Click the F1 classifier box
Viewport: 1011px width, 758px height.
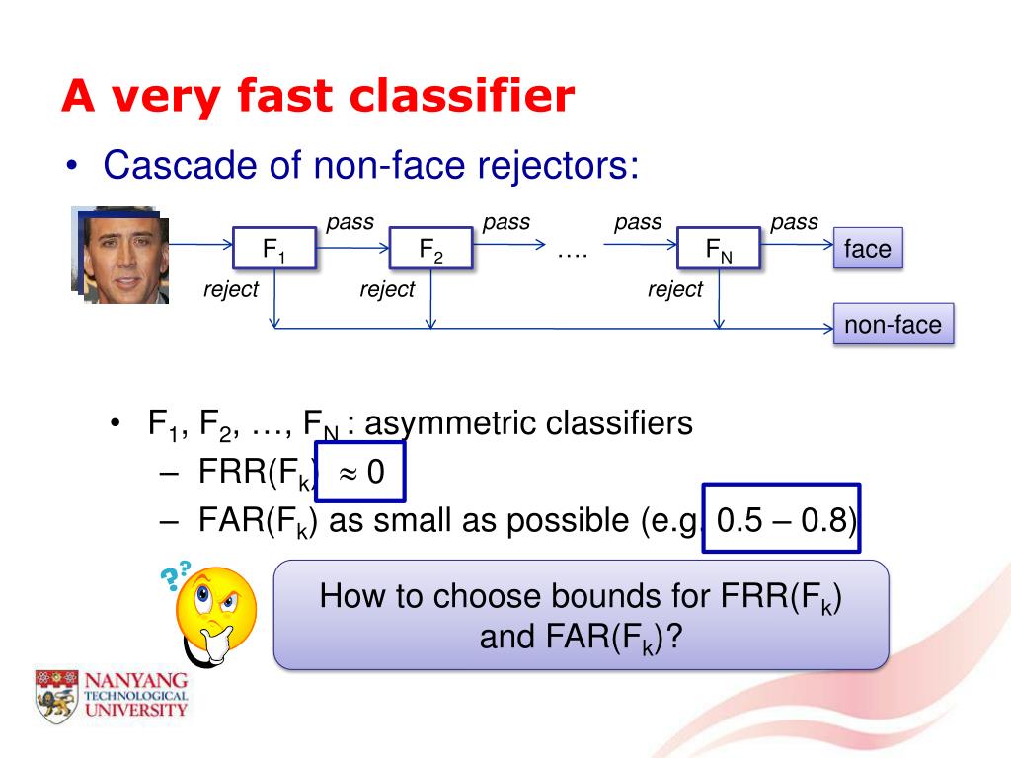[274, 249]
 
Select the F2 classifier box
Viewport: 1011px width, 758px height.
[430, 249]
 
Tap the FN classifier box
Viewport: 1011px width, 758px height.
[718, 249]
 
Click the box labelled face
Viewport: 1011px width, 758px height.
[868, 249]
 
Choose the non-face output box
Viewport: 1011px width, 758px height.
[893, 324]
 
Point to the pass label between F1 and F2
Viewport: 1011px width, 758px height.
[350, 222]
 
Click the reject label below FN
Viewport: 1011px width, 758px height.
[675, 289]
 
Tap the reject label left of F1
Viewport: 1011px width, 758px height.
[231, 289]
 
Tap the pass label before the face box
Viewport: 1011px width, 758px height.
[794, 222]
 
